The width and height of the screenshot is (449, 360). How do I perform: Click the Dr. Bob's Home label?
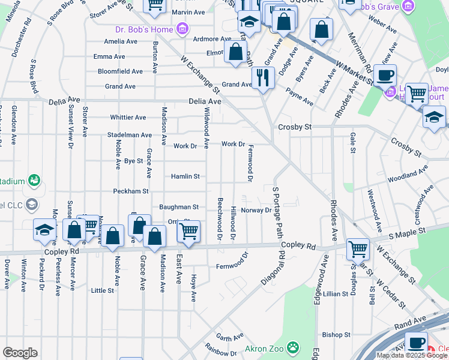(x=144, y=29)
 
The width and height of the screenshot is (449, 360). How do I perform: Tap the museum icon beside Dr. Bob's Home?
(x=182, y=29)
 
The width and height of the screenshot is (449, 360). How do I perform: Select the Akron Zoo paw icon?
(x=292, y=347)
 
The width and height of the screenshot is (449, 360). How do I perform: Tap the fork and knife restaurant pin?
(x=263, y=77)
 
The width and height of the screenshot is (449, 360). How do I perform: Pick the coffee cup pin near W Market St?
(x=385, y=76)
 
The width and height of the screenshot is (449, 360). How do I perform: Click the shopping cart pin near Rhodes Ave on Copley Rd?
(x=358, y=248)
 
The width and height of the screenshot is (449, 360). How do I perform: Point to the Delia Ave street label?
(x=205, y=101)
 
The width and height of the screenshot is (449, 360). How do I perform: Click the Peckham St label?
(x=130, y=191)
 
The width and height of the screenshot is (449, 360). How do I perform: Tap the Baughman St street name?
(x=178, y=207)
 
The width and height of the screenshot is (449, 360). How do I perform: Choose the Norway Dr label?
(x=256, y=210)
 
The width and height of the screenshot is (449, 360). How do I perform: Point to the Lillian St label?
(x=336, y=294)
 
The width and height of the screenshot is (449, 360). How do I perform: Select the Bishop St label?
(x=336, y=334)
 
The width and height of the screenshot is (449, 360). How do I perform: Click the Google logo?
(x=20, y=353)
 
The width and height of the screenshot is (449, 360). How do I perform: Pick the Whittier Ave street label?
(x=128, y=118)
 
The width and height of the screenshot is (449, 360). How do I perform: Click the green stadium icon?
(x=34, y=180)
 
